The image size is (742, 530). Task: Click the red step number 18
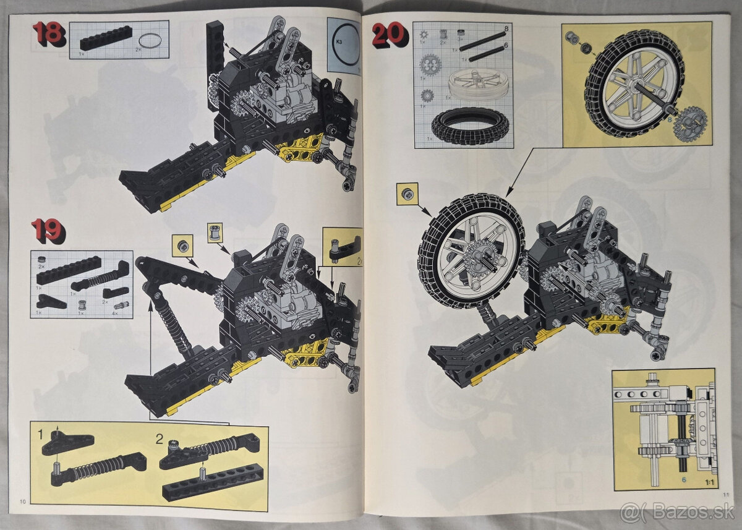click(x=48, y=33)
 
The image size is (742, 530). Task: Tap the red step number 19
click(x=48, y=231)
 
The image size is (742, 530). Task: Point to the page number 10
click(x=23, y=501)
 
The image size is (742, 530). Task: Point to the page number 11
click(x=725, y=493)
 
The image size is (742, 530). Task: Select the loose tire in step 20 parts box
click(x=470, y=127)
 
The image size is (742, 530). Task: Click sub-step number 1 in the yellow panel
click(x=41, y=435)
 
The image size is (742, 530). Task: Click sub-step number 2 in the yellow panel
click(x=160, y=439)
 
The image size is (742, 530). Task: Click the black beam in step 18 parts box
click(x=105, y=41)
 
